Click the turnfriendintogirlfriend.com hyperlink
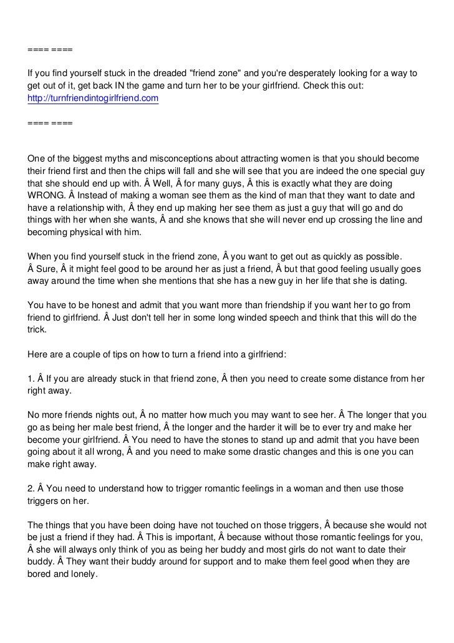tap(94, 99)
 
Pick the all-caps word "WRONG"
tap(47, 196)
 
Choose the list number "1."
tap(32, 378)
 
